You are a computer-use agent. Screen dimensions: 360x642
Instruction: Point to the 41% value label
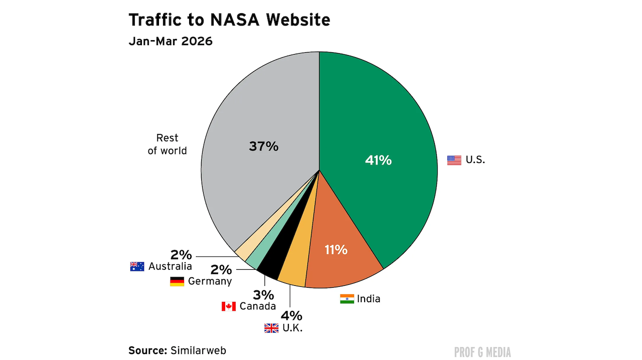click(x=378, y=160)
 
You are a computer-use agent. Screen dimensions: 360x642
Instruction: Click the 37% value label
click(x=263, y=146)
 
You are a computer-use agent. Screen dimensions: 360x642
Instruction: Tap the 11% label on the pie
click(x=336, y=249)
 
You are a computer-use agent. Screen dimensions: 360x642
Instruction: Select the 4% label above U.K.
click(x=291, y=316)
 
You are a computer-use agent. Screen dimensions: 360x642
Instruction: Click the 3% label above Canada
click(x=263, y=294)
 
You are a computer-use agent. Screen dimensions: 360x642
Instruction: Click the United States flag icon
click(x=454, y=160)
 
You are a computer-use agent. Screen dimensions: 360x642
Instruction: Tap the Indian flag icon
click(x=347, y=299)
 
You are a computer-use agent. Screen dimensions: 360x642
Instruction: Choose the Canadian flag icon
click(x=229, y=306)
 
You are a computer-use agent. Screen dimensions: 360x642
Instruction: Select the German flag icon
click(x=177, y=281)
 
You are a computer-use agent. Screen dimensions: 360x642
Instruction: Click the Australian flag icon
click(x=137, y=267)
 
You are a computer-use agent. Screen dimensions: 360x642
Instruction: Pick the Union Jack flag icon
click(x=271, y=328)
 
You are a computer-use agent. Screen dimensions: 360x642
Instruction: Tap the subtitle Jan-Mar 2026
click(x=171, y=41)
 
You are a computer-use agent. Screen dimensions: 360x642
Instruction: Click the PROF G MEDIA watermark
click(x=482, y=352)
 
